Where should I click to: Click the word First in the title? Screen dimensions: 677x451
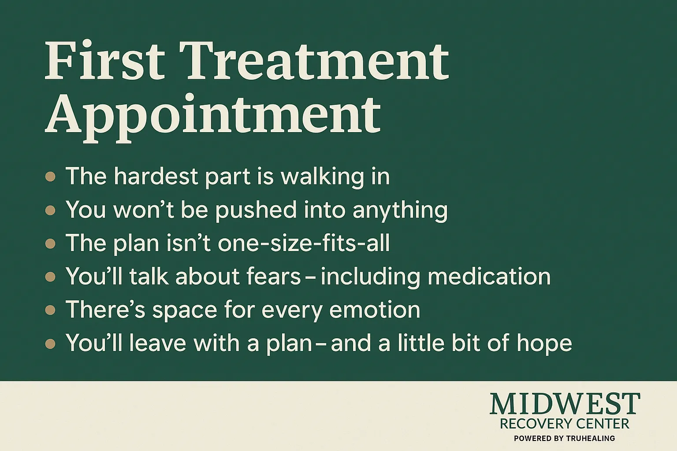click(x=104, y=60)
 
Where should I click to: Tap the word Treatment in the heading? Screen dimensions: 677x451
click(x=314, y=60)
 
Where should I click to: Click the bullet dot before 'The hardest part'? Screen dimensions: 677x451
click(x=50, y=177)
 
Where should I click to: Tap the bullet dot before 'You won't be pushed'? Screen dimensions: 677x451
click(x=50, y=210)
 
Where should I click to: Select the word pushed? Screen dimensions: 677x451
click(x=256, y=210)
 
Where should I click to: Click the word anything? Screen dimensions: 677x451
click(x=400, y=211)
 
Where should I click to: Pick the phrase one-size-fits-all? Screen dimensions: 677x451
click(x=304, y=243)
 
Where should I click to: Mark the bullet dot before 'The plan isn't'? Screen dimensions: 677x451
click(x=50, y=244)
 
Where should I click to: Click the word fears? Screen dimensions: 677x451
click(x=274, y=276)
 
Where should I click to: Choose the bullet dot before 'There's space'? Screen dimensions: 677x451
click(x=50, y=310)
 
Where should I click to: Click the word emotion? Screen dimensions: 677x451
click(x=375, y=310)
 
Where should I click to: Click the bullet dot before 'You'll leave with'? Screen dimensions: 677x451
click(x=50, y=344)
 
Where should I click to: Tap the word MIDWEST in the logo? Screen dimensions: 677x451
click(x=565, y=404)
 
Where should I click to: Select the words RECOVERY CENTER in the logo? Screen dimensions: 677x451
click(x=565, y=424)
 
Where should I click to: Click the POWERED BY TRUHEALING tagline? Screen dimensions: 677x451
click(x=565, y=439)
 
